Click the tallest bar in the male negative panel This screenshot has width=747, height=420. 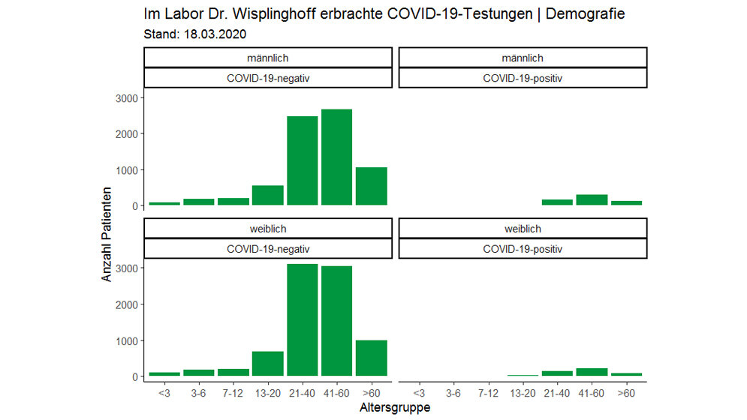coord(336,157)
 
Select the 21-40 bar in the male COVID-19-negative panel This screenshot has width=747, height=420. coord(303,160)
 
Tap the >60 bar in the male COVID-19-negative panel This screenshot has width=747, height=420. coord(371,186)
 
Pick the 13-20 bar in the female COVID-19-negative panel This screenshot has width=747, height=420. coord(268,363)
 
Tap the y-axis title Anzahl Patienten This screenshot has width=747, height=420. coord(107,235)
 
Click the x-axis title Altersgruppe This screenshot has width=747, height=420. coord(395,409)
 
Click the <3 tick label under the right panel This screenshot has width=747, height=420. coord(419,391)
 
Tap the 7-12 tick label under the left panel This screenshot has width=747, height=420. coord(233,391)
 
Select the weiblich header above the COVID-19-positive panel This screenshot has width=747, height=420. coord(523,229)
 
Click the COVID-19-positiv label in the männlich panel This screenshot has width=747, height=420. coord(523,78)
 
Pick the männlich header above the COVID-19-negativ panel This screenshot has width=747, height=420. coord(268,58)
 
